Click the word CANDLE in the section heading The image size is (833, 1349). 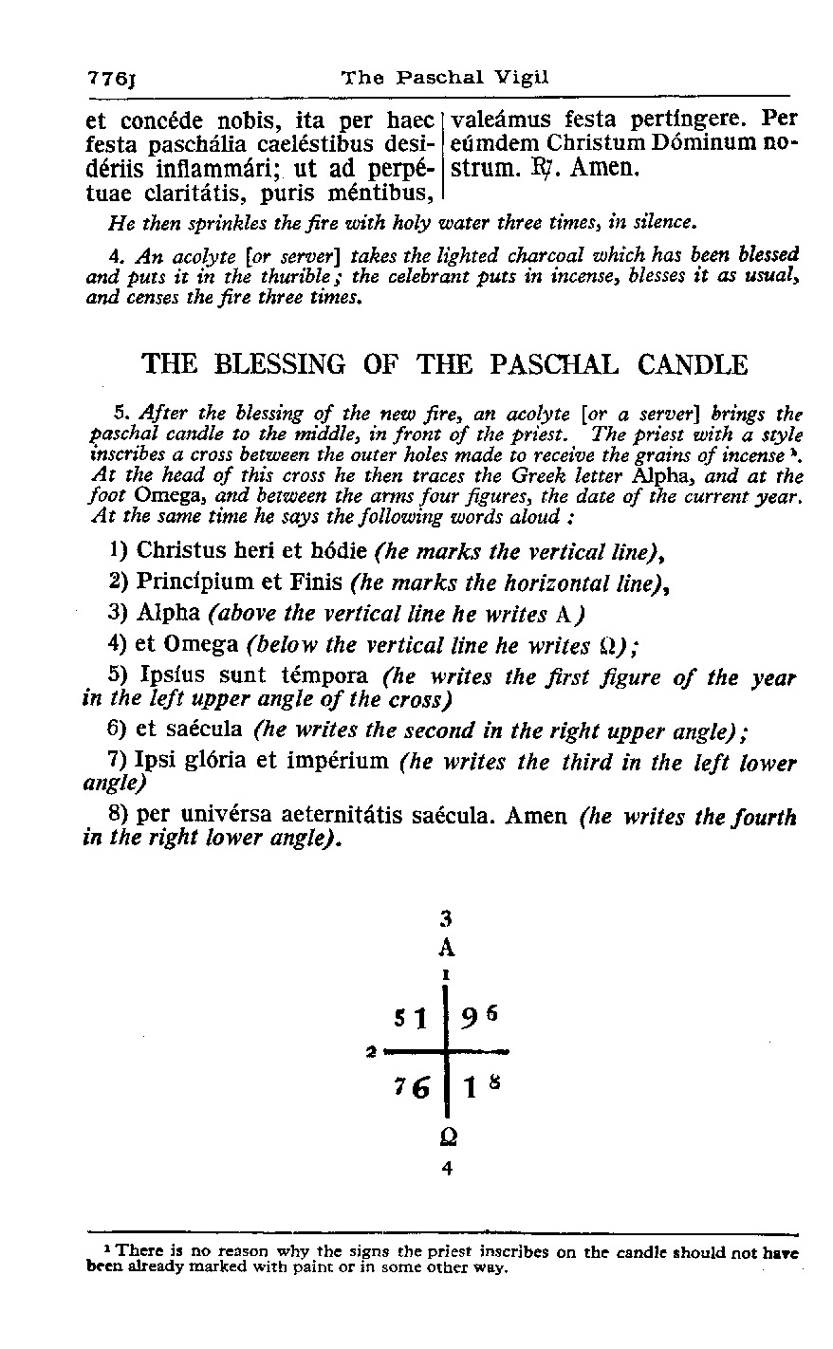click(x=694, y=364)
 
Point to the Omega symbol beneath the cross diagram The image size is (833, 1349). click(x=447, y=1136)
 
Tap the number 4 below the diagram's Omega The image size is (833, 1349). click(x=447, y=1169)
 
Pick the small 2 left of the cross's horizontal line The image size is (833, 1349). click(x=370, y=1050)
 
